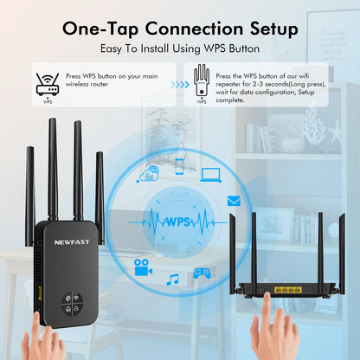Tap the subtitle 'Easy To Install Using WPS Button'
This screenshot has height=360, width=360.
coord(180,51)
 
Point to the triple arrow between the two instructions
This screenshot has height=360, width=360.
coord(179,85)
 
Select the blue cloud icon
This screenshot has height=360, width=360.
coord(149,173)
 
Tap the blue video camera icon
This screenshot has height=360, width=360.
coord(141,268)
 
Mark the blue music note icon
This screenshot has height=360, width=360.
coord(172,279)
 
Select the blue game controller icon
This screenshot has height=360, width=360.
coord(202,273)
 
